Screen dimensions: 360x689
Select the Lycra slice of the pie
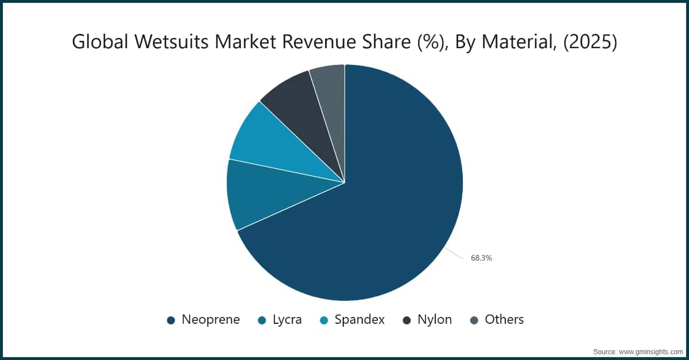[258, 195]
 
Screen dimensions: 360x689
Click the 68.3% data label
[481, 258]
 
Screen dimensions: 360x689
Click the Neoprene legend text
[211, 320]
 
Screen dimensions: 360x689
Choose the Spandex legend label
[359, 320]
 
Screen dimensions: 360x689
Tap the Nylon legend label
[435, 320]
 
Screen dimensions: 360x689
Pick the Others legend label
[504, 320]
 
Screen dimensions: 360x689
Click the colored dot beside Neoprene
[171, 320]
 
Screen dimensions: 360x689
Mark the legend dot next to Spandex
[323, 320]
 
